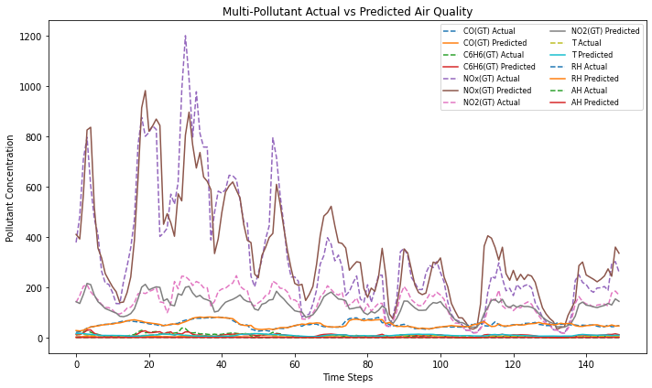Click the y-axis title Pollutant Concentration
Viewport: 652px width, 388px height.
click(x=11, y=189)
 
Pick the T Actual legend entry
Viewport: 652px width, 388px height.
click(x=586, y=43)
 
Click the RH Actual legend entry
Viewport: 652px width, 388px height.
click(x=589, y=67)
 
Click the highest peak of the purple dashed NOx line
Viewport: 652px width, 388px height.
click(x=185, y=36)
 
